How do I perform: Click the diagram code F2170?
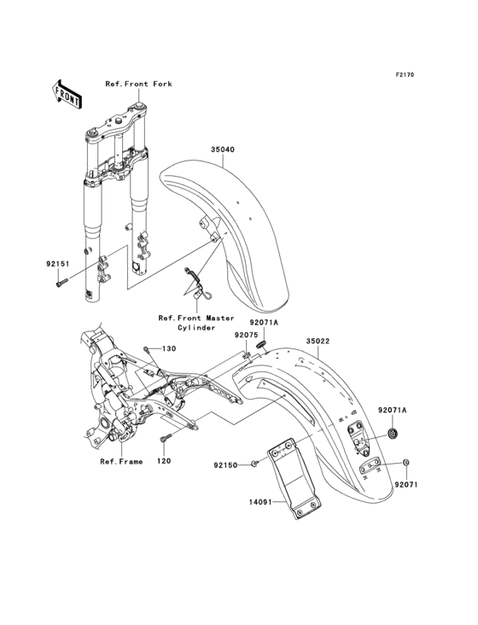pyautogui.click(x=404, y=75)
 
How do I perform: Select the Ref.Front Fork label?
pyautogui.click(x=139, y=84)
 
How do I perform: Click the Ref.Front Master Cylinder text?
pyautogui.click(x=196, y=322)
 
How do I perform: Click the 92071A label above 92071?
pyautogui.click(x=393, y=411)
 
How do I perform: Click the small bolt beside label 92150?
pyautogui.click(x=255, y=464)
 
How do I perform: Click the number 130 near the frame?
pyautogui.click(x=169, y=348)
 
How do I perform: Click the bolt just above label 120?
pyautogui.click(x=164, y=440)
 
